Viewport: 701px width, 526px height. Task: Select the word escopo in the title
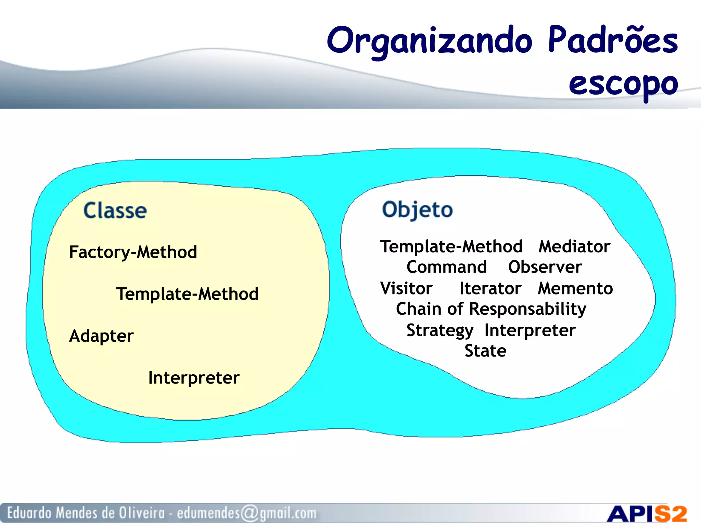click(623, 84)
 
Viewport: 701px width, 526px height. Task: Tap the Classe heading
click(115, 210)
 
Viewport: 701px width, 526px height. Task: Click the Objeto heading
click(417, 210)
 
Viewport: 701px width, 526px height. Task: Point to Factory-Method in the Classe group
click(133, 252)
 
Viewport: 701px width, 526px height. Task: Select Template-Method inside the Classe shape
click(187, 294)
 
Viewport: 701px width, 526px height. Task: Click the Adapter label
click(101, 336)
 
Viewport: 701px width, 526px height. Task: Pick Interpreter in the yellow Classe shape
click(194, 378)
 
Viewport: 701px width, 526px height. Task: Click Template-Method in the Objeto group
click(451, 247)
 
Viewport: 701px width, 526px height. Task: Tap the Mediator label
click(574, 247)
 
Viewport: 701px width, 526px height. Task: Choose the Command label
click(446, 267)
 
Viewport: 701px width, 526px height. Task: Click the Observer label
click(545, 267)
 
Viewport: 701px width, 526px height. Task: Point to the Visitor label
click(406, 288)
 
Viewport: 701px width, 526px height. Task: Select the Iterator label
click(490, 288)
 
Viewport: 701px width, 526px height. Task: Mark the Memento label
click(575, 288)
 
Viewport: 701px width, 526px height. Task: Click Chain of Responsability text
click(491, 309)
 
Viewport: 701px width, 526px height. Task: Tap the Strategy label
click(440, 330)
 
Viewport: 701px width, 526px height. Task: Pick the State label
click(485, 351)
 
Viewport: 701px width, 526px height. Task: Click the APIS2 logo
click(647, 514)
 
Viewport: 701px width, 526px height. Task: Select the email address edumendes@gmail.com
click(246, 513)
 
